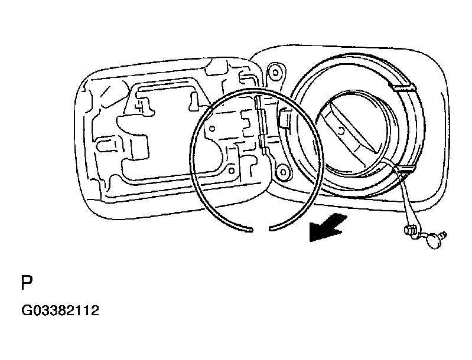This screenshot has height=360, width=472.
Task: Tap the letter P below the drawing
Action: pos(27,283)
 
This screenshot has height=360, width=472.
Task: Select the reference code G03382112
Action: pos(60,310)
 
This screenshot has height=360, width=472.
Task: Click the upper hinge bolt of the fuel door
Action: pos(275,73)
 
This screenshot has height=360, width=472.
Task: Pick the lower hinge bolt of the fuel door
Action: pos(283,172)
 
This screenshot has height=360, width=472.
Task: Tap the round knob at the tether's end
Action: pos(434,241)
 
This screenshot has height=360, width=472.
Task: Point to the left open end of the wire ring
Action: pos(250,230)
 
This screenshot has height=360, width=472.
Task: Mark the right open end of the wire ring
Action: pos(271,229)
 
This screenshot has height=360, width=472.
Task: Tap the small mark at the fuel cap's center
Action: pos(341,131)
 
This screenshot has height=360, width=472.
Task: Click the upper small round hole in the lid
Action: pos(212,129)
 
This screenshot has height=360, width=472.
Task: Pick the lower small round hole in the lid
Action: pos(232,171)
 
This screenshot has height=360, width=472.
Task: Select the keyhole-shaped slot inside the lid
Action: pos(194,101)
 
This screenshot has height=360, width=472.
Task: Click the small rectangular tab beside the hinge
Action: pos(284,118)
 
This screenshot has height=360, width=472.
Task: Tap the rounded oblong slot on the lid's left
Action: pos(106,145)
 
